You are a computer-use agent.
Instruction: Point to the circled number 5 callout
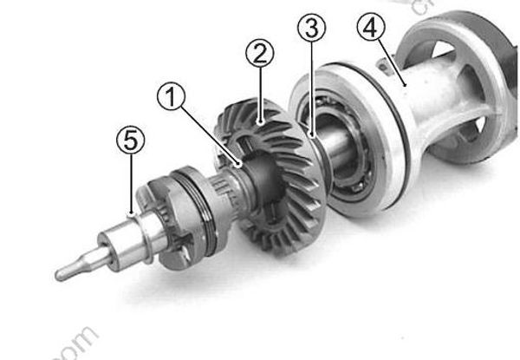point(129,139)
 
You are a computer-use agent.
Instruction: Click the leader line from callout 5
point(129,182)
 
